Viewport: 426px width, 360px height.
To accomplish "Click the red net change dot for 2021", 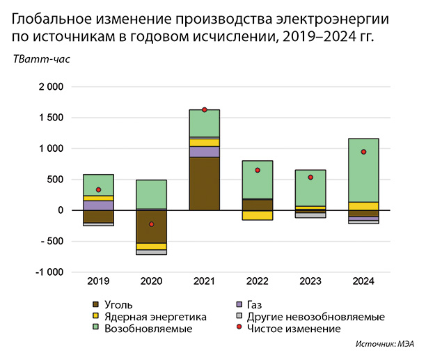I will (204, 110).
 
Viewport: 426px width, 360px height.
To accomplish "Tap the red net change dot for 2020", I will (151, 224).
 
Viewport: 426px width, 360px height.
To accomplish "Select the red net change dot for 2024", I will (363, 152).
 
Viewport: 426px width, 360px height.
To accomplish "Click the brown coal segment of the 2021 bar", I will (204, 183).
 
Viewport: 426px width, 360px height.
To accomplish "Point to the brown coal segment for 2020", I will (151, 226).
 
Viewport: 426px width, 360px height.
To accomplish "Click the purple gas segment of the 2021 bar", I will (204, 151).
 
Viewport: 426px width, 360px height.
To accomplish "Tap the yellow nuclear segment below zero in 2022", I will (257, 215).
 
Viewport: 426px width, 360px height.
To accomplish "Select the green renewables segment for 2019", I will (98, 185).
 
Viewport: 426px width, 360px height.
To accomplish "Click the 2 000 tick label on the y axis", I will (49, 87).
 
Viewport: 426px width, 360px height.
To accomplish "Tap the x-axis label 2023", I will (310, 281).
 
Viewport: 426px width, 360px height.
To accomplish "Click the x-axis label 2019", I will (98, 281).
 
